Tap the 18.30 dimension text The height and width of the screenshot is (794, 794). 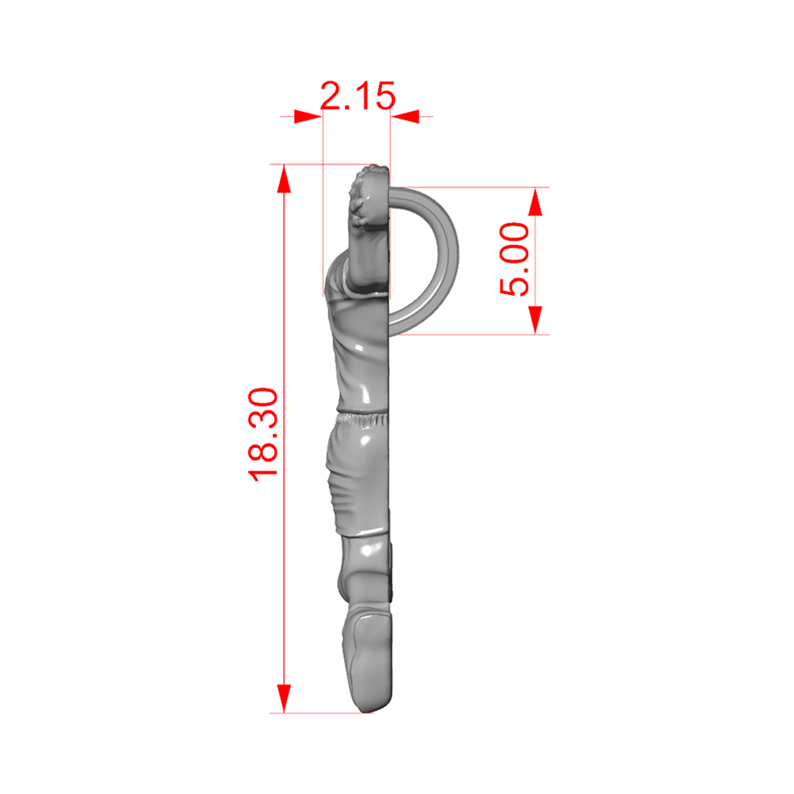263,434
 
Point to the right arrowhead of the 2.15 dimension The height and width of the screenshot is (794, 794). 405,117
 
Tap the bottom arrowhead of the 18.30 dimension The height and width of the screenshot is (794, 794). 284,698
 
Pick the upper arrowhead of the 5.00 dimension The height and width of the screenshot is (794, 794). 535,202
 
